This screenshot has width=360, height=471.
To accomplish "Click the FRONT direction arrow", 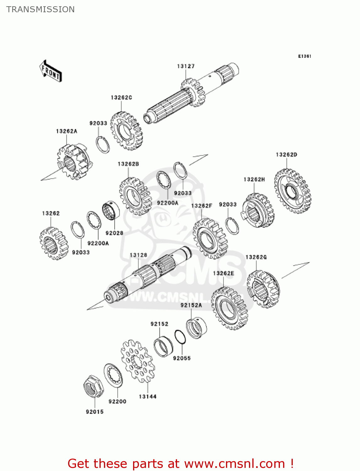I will tap(51, 71).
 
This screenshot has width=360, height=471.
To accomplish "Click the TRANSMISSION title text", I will tap(40, 9).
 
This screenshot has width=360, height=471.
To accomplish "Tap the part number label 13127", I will tap(186, 66).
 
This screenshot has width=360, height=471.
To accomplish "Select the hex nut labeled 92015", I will tap(93, 386).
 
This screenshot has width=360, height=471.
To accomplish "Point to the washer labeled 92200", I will tap(113, 375).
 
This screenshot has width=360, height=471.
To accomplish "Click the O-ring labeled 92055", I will tap(180, 337).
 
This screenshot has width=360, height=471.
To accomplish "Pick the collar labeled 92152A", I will tap(196, 328).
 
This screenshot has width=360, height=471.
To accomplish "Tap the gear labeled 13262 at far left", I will tap(54, 243).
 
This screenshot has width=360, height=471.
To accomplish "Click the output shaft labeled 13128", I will tap(148, 276).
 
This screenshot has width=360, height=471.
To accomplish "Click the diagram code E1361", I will tap(304, 56).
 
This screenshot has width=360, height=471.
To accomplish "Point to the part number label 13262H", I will tap(254, 179).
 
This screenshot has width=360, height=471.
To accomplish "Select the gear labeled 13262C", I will tap(126, 131).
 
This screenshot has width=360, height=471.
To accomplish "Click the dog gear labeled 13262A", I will tap(74, 162).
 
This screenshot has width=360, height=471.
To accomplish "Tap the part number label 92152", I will tap(159, 324).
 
